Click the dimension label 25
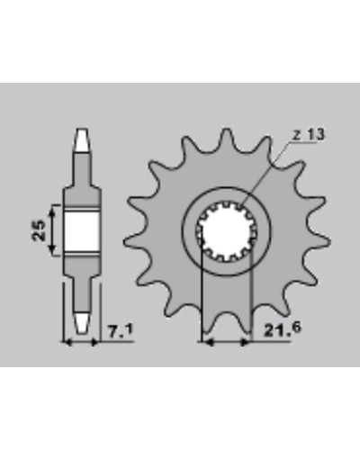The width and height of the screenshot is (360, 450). [x=39, y=230]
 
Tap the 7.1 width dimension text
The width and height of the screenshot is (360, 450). [x=120, y=332]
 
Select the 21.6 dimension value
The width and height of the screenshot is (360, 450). [x=282, y=329]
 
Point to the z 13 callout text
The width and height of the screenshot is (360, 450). [x=309, y=135]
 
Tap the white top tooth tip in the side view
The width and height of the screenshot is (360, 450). [x=82, y=139]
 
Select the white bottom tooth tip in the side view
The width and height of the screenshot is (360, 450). [x=82, y=324]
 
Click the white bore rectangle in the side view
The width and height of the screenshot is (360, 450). [x=82, y=230]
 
